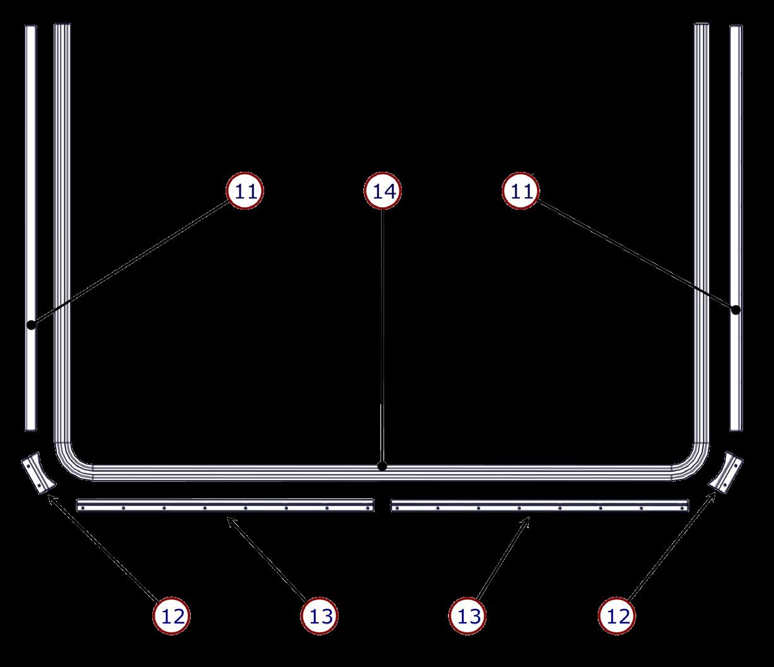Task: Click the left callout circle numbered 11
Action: click(245, 191)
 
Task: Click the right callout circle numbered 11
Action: click(521, 191)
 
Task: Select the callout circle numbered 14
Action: click(383, 191)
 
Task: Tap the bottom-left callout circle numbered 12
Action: click(172, 615)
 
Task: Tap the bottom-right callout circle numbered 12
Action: click(617, 615)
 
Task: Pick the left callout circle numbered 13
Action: click(320, 615)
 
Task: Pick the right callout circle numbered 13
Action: click(469, 615)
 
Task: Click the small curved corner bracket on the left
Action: click(37, 473)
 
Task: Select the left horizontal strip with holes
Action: click(225, 505)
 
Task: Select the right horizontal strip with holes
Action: click(540, 505)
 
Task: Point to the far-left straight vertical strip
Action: click(30, 227)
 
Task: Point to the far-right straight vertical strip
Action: click(735, 227)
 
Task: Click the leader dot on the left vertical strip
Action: click(30, 325)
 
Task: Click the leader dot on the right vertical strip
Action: click(735, 310)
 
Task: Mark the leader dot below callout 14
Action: click(382, 467)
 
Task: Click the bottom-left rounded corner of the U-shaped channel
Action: click(71, 462)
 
